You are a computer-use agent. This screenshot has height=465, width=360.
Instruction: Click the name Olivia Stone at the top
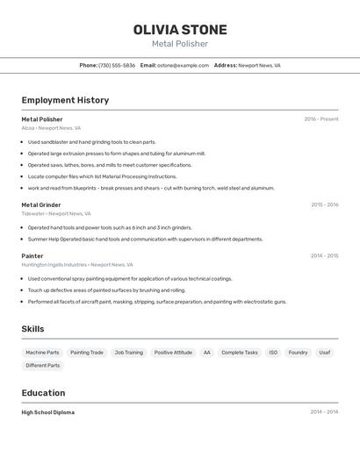point(180,29)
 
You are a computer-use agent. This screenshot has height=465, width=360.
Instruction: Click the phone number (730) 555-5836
point(117,65)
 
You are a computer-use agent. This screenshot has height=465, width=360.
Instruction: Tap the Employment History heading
point(65,100)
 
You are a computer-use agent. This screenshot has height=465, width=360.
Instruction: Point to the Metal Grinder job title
point(41,204)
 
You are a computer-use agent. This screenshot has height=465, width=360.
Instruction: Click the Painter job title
point(32,256)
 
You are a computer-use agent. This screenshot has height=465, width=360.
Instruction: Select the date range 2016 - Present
point(320,119)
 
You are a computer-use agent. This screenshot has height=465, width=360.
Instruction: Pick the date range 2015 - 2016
point(324,204)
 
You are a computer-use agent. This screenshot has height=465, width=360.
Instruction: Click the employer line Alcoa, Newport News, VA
point(51,128)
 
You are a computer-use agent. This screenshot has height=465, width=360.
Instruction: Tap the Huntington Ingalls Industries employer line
point(77,265)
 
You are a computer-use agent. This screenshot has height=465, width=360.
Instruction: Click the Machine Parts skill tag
point(42,353)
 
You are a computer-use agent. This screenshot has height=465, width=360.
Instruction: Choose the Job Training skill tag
point(128,353)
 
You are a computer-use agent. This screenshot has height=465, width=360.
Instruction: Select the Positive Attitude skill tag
point(173,353)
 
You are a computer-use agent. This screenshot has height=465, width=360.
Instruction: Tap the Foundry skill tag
point(299,353)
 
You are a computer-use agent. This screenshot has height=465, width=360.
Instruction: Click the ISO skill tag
point(273,353)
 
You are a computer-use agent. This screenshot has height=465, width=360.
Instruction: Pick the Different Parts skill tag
point(43,365)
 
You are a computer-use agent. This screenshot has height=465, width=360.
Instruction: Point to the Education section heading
point(43,393)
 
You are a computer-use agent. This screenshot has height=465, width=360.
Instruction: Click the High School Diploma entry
point(48,412)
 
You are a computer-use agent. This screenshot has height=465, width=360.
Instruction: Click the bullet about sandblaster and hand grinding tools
point(91,142)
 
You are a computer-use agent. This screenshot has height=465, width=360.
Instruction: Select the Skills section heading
point(32,329)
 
